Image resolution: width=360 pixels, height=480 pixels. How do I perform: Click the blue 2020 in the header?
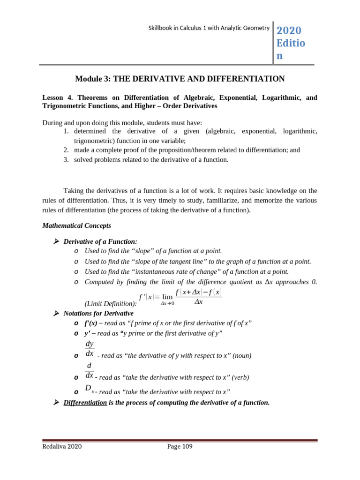289,30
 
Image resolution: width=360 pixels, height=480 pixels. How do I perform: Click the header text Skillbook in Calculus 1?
209,28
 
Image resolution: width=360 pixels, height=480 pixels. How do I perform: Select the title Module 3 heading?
180,79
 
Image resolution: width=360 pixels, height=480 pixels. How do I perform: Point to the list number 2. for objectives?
66,150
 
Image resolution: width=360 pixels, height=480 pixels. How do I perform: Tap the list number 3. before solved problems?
66,159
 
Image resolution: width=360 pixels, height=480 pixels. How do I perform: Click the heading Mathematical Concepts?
76,225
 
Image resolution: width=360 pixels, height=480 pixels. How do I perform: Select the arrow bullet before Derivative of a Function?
56,241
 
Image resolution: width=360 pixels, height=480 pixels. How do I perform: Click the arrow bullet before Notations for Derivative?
56,313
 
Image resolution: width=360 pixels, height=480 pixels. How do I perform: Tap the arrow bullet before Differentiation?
56,402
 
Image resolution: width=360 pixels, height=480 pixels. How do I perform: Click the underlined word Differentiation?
85,403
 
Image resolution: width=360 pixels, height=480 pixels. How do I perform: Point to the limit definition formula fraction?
198,297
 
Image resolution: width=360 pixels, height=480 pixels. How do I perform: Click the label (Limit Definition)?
111,303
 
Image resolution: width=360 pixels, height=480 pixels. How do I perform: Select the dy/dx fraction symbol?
90,349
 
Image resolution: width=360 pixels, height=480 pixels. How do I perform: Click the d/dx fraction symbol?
89,370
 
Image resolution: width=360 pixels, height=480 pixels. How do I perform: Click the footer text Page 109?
180,446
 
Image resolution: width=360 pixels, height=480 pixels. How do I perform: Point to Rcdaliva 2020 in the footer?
62,446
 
